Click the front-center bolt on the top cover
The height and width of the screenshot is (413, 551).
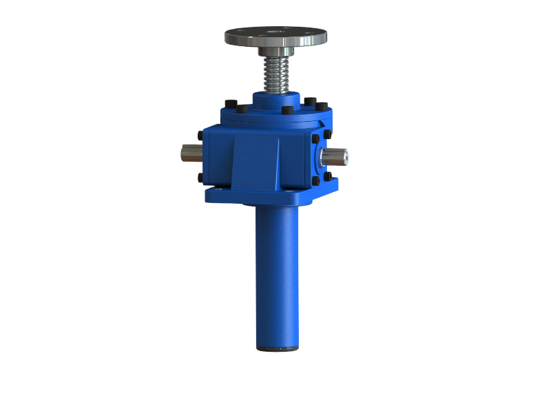(x=287, y=110)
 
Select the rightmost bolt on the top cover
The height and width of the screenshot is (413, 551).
(x=321, y=106)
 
